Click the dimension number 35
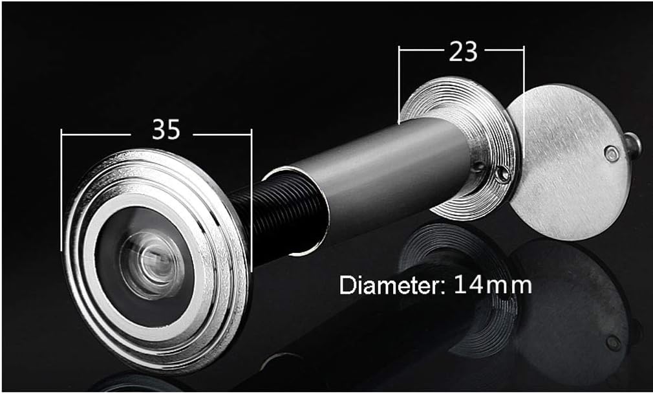(166, 130)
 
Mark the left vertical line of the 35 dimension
(61, 188)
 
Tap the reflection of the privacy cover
(575, 304)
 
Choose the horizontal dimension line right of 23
(504, 48)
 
